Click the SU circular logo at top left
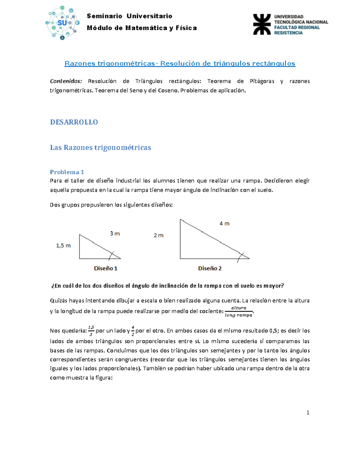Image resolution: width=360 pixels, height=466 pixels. coord(62,23)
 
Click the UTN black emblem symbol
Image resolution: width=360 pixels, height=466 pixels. coord(262,24)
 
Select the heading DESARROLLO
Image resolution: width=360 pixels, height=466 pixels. coord(74,122)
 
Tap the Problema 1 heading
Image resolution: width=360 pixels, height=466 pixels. coord(67,172)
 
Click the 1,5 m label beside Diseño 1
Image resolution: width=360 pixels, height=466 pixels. coord(63,245)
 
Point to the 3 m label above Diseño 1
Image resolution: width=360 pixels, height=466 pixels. coord(115,233)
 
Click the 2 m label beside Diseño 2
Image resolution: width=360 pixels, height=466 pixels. coord(158,235)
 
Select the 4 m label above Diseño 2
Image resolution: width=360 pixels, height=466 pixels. coord(224,224)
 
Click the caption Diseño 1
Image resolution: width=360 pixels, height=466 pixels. coord(106,268)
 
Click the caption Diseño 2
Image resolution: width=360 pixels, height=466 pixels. coord(210,268)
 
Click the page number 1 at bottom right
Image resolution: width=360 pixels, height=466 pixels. coord(308,412)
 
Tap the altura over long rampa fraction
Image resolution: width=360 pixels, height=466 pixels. coord(239,311)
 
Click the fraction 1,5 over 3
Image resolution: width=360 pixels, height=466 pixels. coord(91,331)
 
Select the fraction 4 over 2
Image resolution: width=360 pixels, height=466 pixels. coord(133,331)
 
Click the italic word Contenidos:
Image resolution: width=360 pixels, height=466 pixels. coord(66,81)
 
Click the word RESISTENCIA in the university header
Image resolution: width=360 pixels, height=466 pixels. coord(288,33)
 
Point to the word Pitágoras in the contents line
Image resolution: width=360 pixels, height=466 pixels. coord(262,81)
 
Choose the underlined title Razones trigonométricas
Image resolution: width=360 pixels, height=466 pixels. coord(110,63)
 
